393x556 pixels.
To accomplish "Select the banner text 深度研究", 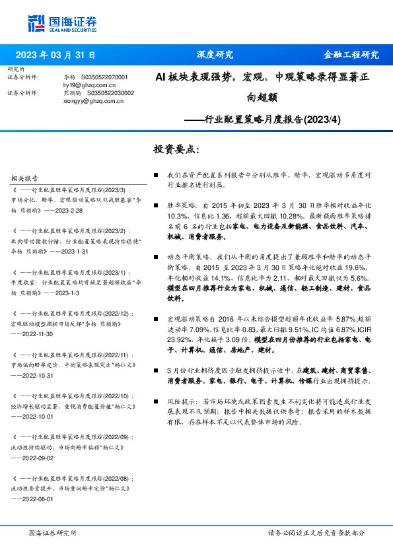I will click(215, 55).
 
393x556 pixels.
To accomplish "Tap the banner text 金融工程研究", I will click(351, 55).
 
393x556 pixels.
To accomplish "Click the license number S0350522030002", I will click(110, 94).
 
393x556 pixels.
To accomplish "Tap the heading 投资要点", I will click(176, 150).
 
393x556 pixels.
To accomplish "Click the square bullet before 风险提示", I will click(155, 401).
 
